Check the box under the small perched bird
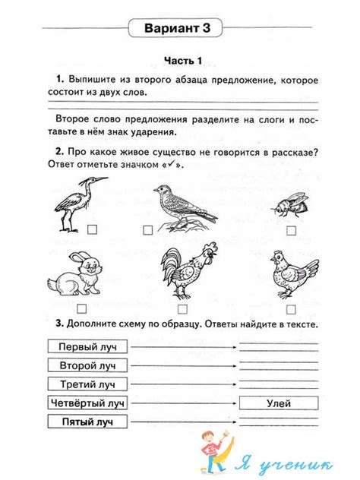(x=148, y=228)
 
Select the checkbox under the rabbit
(x=81, y=308)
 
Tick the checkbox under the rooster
(x=182, y=308)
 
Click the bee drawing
(x=289, y=204)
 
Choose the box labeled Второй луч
(x=87, y=365)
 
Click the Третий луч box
(x=87, y=384)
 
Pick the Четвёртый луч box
(x=87, y=403)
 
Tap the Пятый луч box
(x=87, y=422)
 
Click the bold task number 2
(x=58, y=151)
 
